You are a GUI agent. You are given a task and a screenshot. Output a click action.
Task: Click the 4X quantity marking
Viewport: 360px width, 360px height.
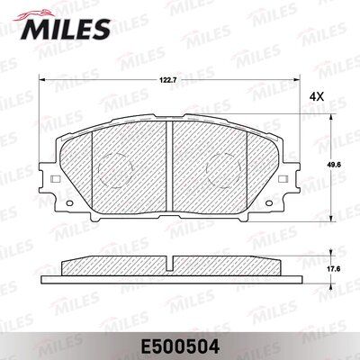(316, 95)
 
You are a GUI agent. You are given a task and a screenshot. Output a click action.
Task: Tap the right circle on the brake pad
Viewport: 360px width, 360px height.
(222, 169)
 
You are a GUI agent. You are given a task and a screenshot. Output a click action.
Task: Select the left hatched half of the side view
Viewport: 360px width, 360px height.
(112, 267)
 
